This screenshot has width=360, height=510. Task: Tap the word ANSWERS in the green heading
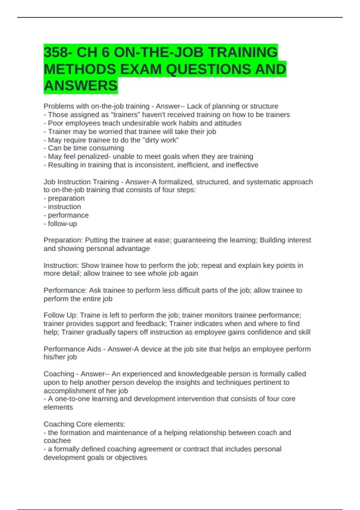click(81, 86)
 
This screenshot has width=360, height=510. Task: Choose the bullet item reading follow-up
click(62, 224)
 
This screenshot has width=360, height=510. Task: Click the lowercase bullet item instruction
click(64, 207)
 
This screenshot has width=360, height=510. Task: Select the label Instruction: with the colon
click(61, 265)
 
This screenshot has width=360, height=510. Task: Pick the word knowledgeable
click(202, 374)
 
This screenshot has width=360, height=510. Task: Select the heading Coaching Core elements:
click(84, 424)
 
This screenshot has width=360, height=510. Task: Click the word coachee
click(57, 441)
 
